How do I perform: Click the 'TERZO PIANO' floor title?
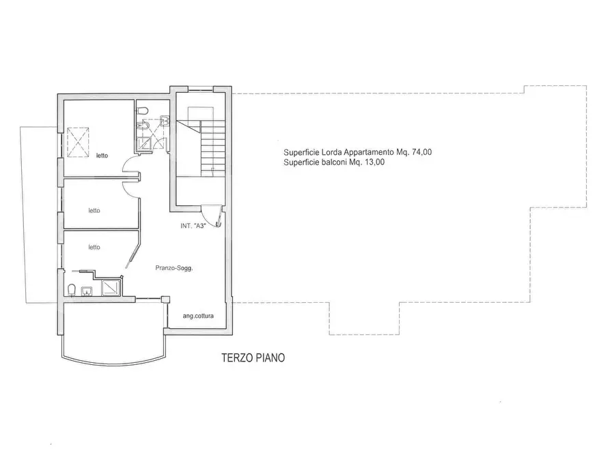(x=253, y=357)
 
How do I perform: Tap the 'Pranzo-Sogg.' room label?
(x=174, y=268)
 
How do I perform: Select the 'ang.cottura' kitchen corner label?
(x=198, y=316)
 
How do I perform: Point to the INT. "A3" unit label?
(x=193, y=226)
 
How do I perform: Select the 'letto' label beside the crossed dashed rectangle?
(x=102, y=156)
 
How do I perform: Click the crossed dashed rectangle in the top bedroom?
(x=78, y=143)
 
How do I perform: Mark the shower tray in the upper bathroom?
(x=145, y=144)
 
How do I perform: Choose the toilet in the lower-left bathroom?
(x=71, y=291)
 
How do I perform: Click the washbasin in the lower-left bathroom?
(x=86, y=291)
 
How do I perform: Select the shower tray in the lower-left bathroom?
(x=111, y=289)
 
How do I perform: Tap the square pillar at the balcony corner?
(x=166, y=299)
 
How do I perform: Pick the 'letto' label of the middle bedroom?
(x=94, y=211)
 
